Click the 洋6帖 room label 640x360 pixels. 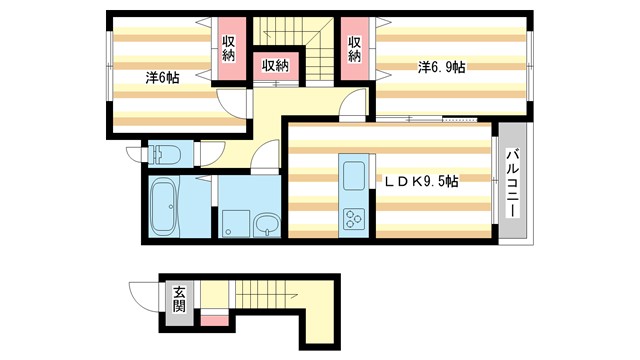pos(162,78)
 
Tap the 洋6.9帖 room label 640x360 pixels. pos(442,67)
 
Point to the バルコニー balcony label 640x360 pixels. pos(513,184)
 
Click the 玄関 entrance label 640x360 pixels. pos(179,299)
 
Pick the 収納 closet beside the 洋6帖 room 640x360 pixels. pos(229,49)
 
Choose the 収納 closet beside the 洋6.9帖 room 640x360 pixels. pos(355,49)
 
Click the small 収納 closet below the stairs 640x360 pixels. pos(276,66)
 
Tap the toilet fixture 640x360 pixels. pos(164,154)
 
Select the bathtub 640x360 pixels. pos(163,207)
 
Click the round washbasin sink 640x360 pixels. pos(267,226)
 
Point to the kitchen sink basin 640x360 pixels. pos(354,176)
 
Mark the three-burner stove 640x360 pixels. pos(354,220)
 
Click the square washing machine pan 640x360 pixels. pos(236,224)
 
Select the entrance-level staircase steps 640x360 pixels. pos(266,294)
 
